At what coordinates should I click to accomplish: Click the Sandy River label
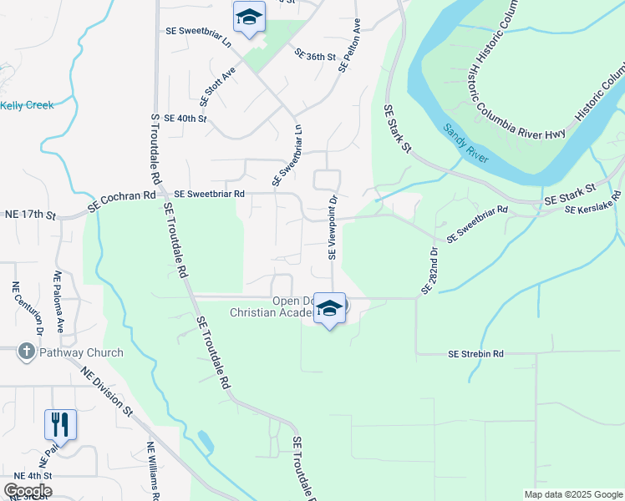pyautogui.click(x=465, y=144)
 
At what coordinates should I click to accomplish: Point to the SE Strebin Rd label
pyautogui.click(x=475, y=354)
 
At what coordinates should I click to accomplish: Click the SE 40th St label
pyautogui.click(x=185, y=119)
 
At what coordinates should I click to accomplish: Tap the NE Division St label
pyautogui.click(x=106, y=390)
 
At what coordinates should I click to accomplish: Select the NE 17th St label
pyautogui.click(x=29, y=215)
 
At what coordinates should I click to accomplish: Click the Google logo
pyautogui.click(x=28, y=490)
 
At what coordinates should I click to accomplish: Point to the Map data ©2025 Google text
pyautogui.click(x=572, y=493)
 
